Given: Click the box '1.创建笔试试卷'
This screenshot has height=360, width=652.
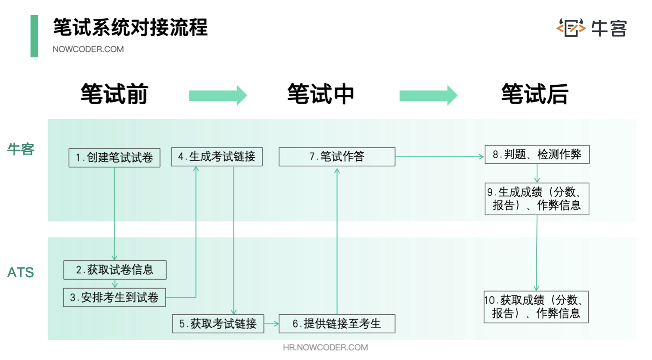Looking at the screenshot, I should tap(115, 158).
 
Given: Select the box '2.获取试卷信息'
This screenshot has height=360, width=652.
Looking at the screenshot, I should tap(115, 270).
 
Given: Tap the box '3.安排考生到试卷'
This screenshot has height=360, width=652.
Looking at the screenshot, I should tap(115, 298).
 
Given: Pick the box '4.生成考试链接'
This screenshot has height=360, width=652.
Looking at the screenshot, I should tap(217, 157).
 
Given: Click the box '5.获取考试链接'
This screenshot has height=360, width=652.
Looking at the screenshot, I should tap(218, 324).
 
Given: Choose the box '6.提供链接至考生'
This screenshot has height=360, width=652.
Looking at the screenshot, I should tap(337, 324).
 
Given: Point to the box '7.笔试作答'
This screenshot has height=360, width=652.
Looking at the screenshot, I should tap(337, 157).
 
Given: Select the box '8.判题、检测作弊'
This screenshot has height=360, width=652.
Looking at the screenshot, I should tap(537, 155).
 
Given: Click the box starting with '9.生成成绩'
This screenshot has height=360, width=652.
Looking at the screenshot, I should tap(537, 199).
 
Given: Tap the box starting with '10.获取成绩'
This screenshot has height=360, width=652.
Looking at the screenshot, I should tap(536, 307).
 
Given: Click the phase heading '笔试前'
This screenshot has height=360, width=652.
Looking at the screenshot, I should tap(115, 94).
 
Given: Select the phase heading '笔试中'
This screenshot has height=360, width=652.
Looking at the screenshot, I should tap(321, 94).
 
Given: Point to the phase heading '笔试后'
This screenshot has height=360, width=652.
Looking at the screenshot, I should tap(535, 94).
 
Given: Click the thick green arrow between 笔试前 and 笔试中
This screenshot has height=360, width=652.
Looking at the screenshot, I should tap(218, 96).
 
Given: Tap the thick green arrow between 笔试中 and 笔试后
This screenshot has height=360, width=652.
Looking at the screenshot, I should tap(428, 96).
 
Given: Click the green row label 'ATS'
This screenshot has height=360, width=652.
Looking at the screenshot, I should tap(21, 273).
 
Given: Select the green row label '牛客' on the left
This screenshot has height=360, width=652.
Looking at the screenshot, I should tap(21, 149).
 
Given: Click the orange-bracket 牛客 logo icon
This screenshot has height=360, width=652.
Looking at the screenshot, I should tap(571, 28).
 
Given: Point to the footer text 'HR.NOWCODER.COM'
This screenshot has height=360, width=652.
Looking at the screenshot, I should tap(326, 348).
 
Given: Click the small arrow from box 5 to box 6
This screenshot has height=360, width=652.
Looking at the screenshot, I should tap(271, 324).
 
